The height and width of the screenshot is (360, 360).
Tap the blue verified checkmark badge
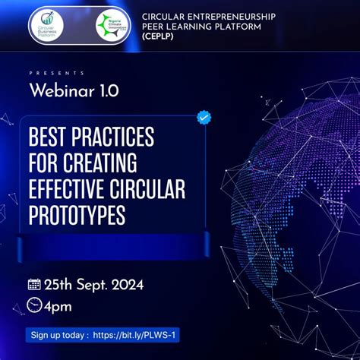click(204, 117)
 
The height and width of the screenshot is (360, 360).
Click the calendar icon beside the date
click(34, 284)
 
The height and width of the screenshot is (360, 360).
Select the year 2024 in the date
click(122, 284)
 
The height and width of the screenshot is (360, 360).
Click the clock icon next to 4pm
click(34, 305)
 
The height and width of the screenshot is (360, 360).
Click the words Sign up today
click(58, 335)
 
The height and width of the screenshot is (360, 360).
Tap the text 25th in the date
click(58, 284)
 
